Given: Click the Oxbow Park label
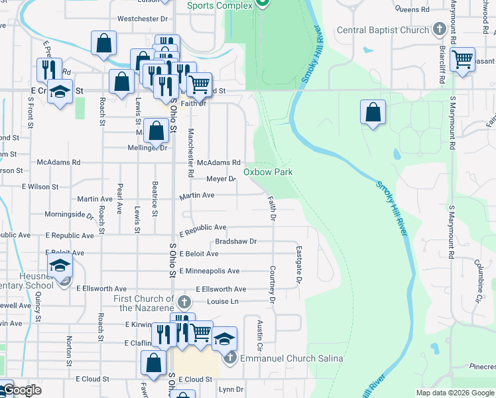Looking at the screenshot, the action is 268,172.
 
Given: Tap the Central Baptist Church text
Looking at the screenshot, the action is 383,30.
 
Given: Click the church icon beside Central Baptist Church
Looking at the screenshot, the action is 439,29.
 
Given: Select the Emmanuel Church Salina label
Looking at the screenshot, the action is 291,359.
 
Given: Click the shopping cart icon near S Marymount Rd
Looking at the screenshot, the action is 462,59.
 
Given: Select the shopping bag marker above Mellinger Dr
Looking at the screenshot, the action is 156,130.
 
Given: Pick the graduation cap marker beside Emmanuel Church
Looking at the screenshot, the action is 224,338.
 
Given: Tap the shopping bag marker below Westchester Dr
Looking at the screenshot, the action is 104,43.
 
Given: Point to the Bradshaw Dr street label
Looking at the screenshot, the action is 235,241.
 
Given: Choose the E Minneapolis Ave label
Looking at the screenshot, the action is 210,271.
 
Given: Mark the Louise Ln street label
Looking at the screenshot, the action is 223,301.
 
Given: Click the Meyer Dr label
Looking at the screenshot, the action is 221,179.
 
